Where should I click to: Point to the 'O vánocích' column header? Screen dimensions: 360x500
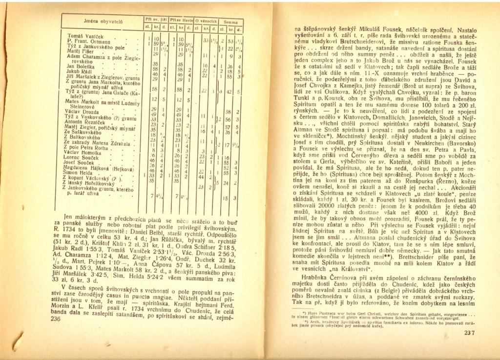(x=205, y=20)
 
